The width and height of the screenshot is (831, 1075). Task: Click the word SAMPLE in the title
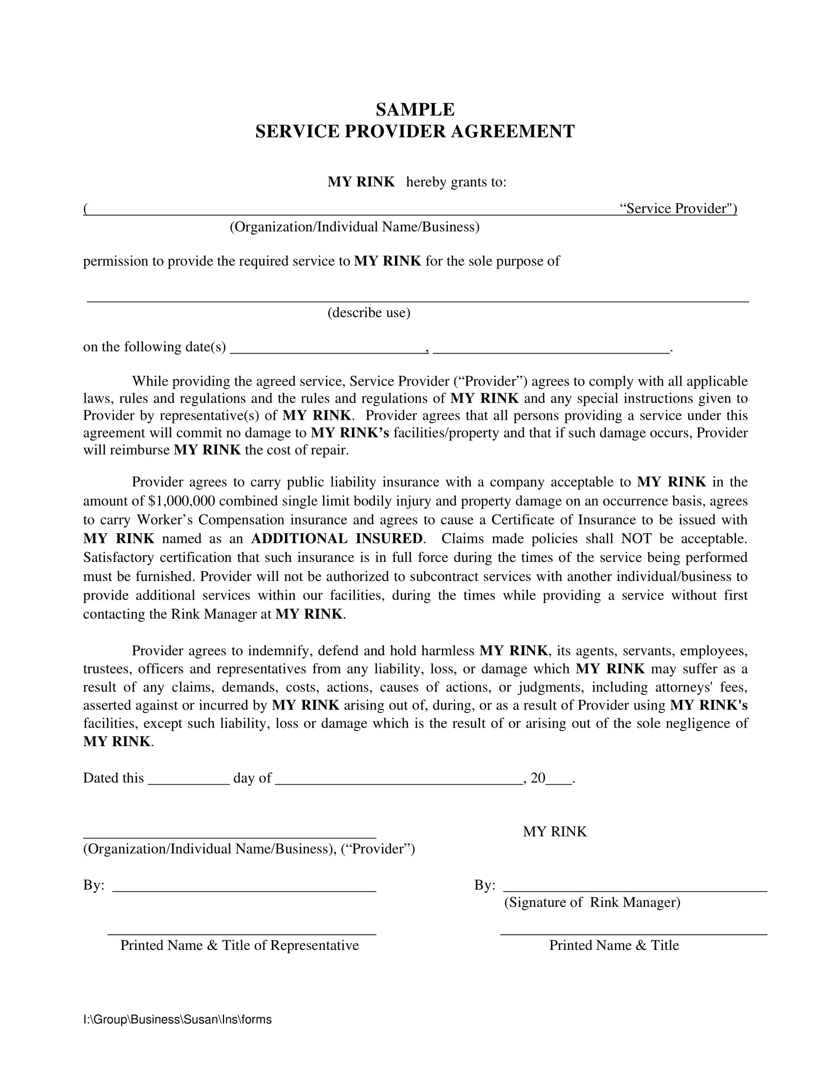(x=415, y=109)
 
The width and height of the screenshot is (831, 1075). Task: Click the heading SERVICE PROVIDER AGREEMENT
(x=415, y=131)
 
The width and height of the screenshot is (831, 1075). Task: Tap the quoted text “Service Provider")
(x=678, y=209)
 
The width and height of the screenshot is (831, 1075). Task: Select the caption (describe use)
(x=369, y=313)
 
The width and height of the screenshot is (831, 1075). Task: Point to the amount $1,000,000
(x=181, y=501)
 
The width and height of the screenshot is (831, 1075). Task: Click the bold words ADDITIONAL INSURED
(x=337, y=538)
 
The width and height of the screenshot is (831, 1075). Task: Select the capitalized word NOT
(x=637, y=538)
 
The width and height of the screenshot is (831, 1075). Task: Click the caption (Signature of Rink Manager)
(x=592, y=902)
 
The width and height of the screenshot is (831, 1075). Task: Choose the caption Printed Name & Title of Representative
(x=239, y=945)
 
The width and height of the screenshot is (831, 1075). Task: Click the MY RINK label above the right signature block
(x=554, y=831)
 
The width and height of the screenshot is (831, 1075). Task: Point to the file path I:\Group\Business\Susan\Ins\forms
(x=177, y=1019)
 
